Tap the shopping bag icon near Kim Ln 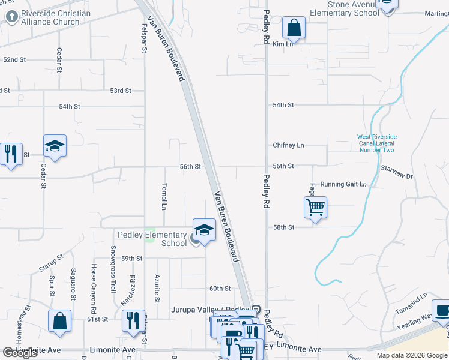pyautogui.click(x=294, y=28)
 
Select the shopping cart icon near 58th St pyautogui.click(x=315, y=208)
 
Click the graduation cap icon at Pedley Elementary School pyautogui.click(x=204, y=230)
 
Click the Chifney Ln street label pyautogui.click(x=288, y=145)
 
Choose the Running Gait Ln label pyautogui.click(x=343, y=184)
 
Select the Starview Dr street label pyautogui.click(x=397, y=173)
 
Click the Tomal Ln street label pyautogui.click(x=164, y=196)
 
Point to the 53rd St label pyautogui.click(x=120, y=91)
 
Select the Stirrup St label pyautogui.click(x=52, y=264)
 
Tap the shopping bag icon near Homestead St pyautogui.click(x=60, y=320)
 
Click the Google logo pyautogui.click(x=20, y=353)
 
